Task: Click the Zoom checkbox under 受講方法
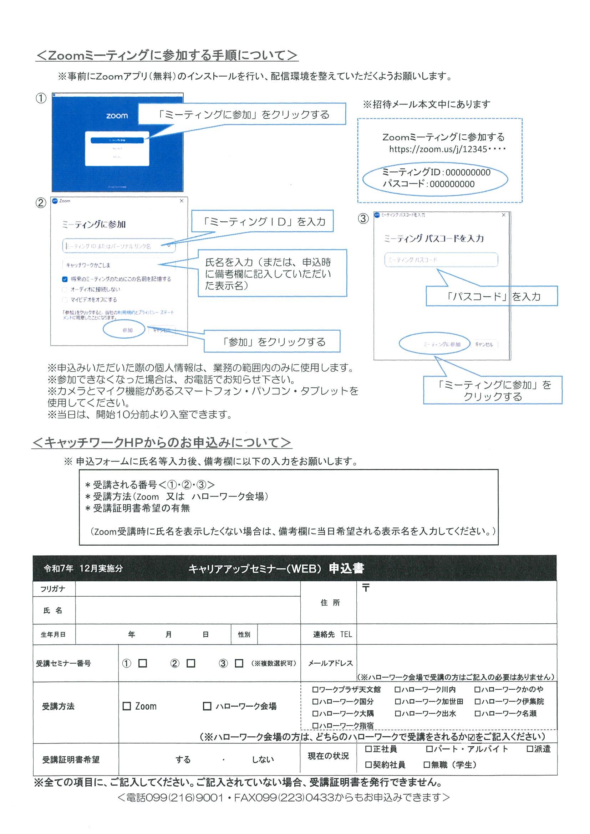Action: coord(127,706)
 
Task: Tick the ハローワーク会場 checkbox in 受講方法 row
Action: coord(207,706)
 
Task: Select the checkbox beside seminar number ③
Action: coord(239,663)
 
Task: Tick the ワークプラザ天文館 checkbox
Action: coord(315,689)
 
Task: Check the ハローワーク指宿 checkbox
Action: coord(315,726)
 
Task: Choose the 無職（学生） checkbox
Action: coord(427,765)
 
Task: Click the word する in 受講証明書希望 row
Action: coord(183,760)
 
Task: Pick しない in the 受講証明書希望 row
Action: coord(263,760)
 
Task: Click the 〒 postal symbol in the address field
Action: coord(366,588)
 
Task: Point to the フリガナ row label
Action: coord(53,589)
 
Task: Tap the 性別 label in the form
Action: coord(244,634)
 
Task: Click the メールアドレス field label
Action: coord(330,663)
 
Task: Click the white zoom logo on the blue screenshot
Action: coord(117,116)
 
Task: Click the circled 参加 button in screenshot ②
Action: coord(127,330)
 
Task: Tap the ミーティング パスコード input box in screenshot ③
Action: coord(441,260)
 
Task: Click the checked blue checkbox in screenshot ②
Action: coord(65,279)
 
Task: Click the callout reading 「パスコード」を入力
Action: coord(492,297)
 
